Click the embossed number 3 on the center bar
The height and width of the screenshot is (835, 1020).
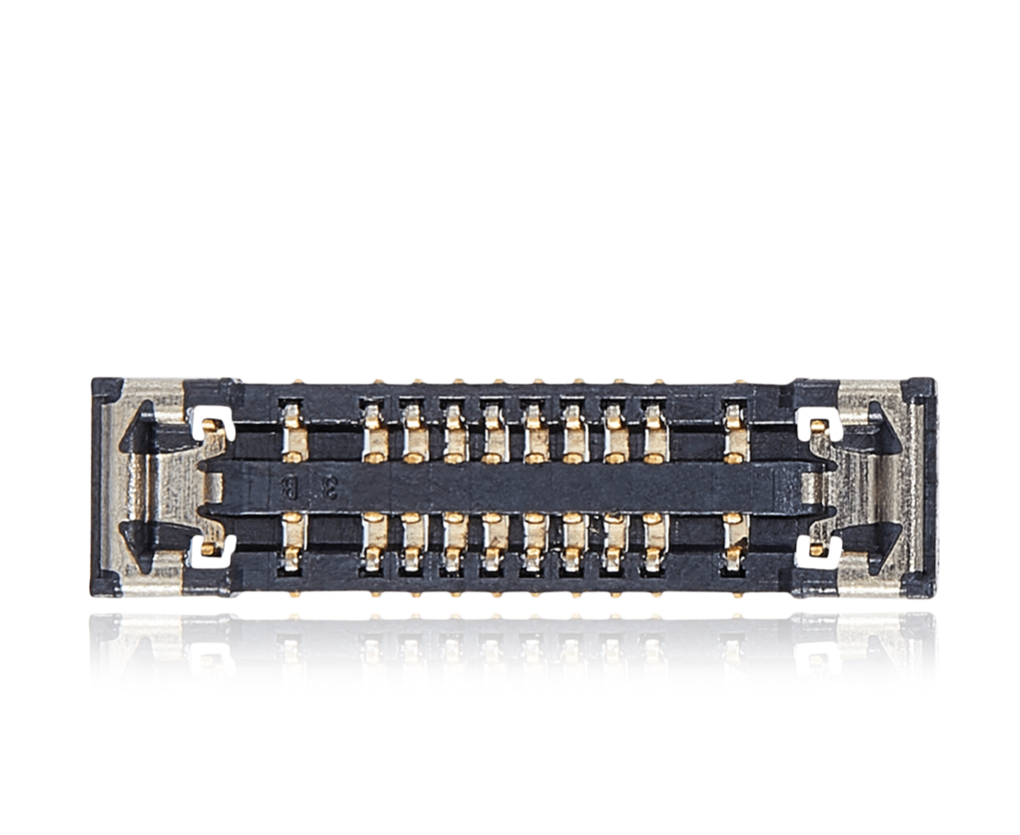click(x=329, y=489)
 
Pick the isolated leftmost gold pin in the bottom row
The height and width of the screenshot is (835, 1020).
click(x=294, y=541)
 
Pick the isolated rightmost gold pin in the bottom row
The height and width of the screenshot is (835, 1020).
click(x=735, y=541)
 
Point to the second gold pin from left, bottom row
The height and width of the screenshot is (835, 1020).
click(x=375, y=541)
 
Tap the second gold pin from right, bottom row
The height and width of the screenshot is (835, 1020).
click(x=654, y=541)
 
